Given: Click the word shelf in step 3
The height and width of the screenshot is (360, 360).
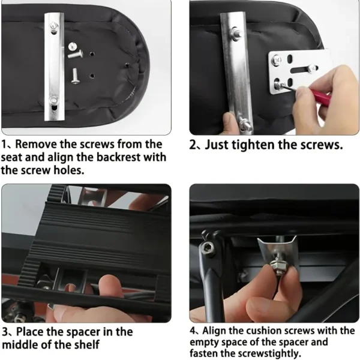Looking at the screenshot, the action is [x=87, y=345].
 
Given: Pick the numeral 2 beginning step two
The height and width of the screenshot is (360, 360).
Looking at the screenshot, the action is [x=193, y=145].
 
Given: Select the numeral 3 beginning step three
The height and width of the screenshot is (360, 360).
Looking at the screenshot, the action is [x=6, y=332].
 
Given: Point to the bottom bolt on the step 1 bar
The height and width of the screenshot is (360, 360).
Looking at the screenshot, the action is [x=54, y=100].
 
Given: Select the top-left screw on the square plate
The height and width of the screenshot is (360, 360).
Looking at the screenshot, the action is [x=276, y=60].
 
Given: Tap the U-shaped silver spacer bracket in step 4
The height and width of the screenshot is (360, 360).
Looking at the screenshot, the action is [x=278, y=255].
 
